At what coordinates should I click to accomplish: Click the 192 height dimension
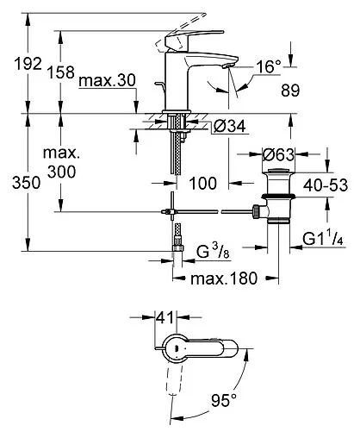tap(16, 64)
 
